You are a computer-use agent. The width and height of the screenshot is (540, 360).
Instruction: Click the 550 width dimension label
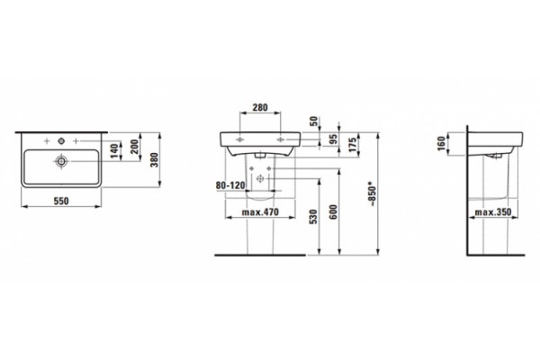61,201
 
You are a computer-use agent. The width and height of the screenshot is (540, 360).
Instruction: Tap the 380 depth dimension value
155,160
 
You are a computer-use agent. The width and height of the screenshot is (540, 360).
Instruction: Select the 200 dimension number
135,147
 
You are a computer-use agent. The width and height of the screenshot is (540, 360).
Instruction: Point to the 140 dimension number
115,151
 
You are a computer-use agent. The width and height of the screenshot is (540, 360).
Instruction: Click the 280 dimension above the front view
260,107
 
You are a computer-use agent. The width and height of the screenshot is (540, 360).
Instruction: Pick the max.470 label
260,211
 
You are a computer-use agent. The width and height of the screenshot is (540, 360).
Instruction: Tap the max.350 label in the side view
493,211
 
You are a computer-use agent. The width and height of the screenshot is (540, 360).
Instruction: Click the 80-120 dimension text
230,185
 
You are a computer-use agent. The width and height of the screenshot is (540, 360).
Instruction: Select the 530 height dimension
313,217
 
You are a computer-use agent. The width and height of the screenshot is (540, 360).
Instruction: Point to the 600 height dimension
333,211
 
